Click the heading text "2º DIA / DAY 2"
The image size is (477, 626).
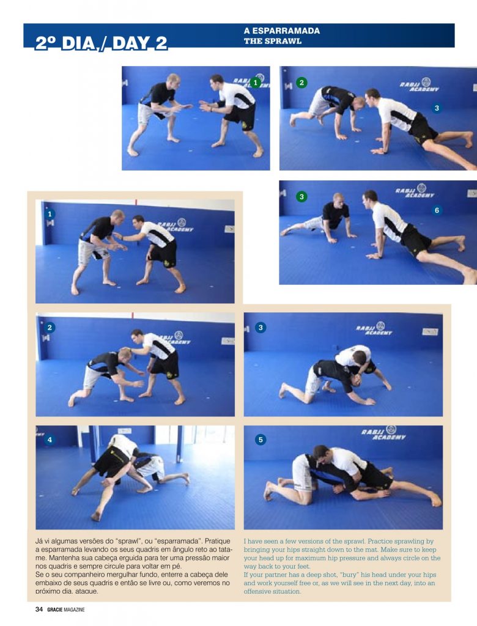click(102, 43)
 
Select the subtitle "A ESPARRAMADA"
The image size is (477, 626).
click(281, 31)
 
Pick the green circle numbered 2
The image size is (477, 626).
click(301, 82)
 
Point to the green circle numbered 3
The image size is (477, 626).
click(301, 197)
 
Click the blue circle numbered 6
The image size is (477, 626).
click(437, 210)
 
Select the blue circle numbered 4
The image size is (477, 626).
click(50, 440)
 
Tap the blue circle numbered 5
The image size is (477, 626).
click(261, 440)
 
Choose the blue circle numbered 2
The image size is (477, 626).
click(50, 328)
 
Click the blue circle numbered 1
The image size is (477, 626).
click(50, 215)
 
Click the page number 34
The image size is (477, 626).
click(39, 609)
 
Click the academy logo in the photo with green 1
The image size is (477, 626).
click(261, 81)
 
